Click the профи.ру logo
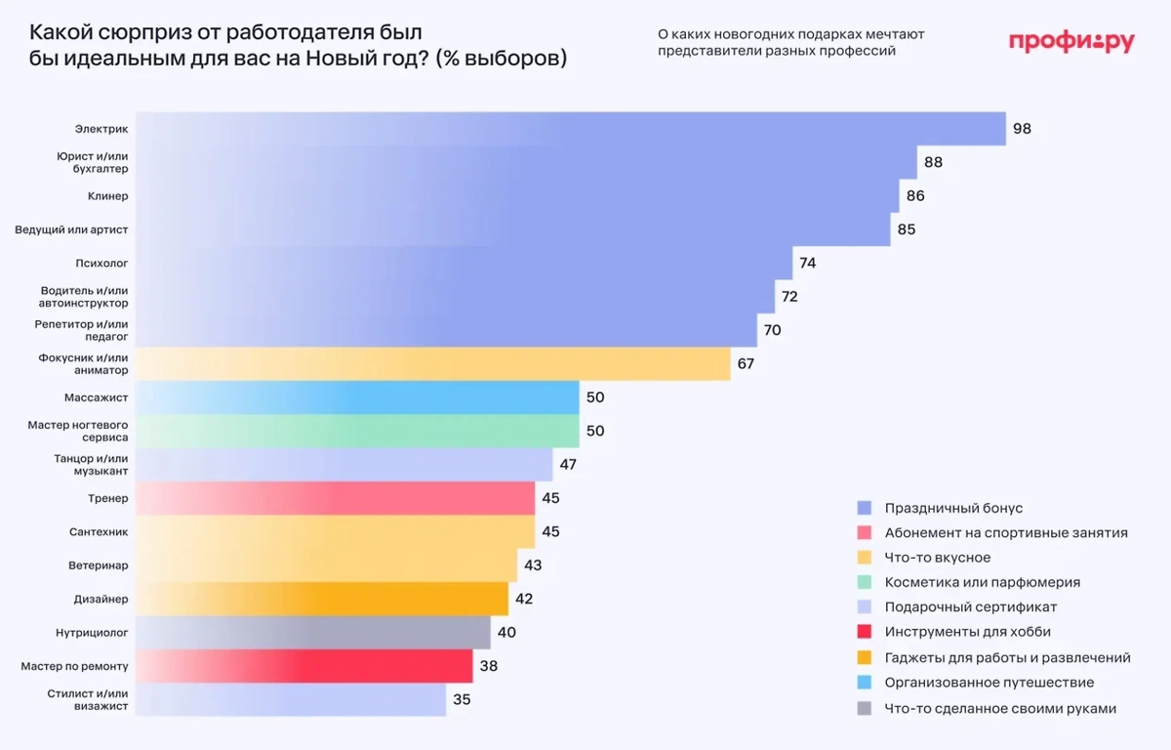(x=1070, y=41)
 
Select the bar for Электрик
(x=570, y=129)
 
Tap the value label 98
(x=1022, y=129)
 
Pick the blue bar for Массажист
(x=357, y=397)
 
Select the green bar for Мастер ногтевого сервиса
(x=357, y=431)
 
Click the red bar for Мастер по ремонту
(x=303, y=667)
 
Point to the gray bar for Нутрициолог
(x=312, y=633)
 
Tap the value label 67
(x=747, y=364)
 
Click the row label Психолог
(x=101, y=264)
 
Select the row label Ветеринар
(x=100, y=565)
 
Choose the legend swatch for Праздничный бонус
(x=864, y=508)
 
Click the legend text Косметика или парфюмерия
(x=982, y=582)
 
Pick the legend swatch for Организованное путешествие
(x=864, y=683)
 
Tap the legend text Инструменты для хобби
(x=967, y=632)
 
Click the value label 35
(x=462, y=699)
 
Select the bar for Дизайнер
(x=321, y=599)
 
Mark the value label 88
(x=933, y=162)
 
